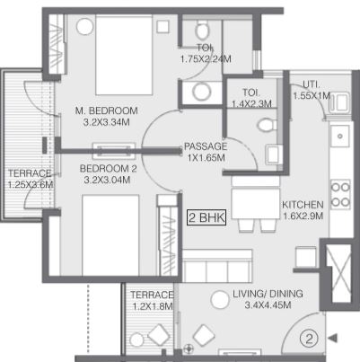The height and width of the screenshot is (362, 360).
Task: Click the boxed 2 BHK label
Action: [x=206, y=217]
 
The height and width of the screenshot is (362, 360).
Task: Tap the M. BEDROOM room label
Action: [x=107, y=110]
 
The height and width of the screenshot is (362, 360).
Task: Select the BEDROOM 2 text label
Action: [x=108, y=169]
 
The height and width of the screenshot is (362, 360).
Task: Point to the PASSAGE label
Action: [x=206, y=146]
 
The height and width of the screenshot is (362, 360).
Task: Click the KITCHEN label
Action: [x=303, y=205]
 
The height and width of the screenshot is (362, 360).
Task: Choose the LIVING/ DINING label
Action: [x=268, y=294]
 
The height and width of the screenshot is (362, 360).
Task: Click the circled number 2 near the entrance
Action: [x=309, y=339]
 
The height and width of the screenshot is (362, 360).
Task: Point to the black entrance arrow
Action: [x=333, y=339]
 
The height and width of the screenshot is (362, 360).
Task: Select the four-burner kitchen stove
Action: [x=340, y=194]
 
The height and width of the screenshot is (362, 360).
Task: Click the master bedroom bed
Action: [x=124, y=56]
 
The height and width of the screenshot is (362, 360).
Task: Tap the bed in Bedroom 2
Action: [x=110, y=235]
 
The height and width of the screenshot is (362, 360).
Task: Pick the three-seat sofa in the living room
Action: [x=217, y=265]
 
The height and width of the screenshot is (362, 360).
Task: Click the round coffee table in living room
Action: [x=220, y=300]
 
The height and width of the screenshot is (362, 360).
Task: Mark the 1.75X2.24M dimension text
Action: [x=206, y=59]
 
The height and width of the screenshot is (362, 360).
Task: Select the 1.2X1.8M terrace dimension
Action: [x=153, y=306]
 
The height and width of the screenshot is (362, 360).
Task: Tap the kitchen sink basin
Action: [x=340, y=137]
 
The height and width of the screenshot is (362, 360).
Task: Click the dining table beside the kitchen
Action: [x=256, y=204]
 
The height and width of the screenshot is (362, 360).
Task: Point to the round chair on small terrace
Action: [x=137, y=340]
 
